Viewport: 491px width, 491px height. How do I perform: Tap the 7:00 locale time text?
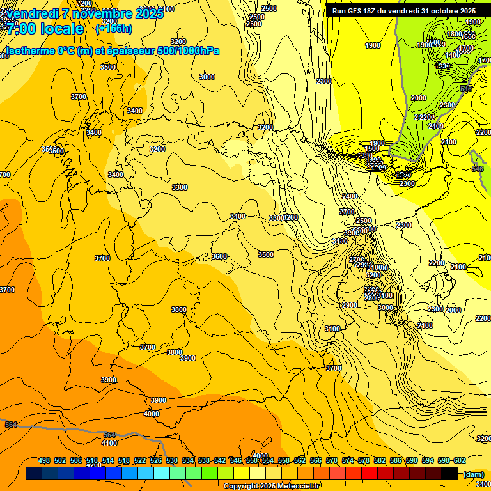pos(45,29)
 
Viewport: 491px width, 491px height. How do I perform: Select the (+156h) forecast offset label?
pos(113,28)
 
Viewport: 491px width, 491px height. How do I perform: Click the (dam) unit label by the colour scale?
pos(473,474)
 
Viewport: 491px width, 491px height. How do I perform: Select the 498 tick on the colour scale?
pos(44,460)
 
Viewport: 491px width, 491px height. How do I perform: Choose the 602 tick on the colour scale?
pos(458,460)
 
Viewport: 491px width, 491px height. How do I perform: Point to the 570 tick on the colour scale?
pos(332,460)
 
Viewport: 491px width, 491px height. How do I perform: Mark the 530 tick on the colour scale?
pos(172,460)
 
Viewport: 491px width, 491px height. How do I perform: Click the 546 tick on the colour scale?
pos(236,460)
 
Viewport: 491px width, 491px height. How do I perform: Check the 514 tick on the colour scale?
pos(108,460)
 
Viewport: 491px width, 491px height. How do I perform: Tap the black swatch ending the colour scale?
pos(449,474)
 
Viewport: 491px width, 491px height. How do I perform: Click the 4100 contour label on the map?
pos(109,442)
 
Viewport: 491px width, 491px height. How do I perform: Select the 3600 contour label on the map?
pos(219,256)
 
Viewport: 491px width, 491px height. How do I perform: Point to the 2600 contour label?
pos(254,24)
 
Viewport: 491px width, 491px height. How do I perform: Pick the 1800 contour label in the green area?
pos(455,34)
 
